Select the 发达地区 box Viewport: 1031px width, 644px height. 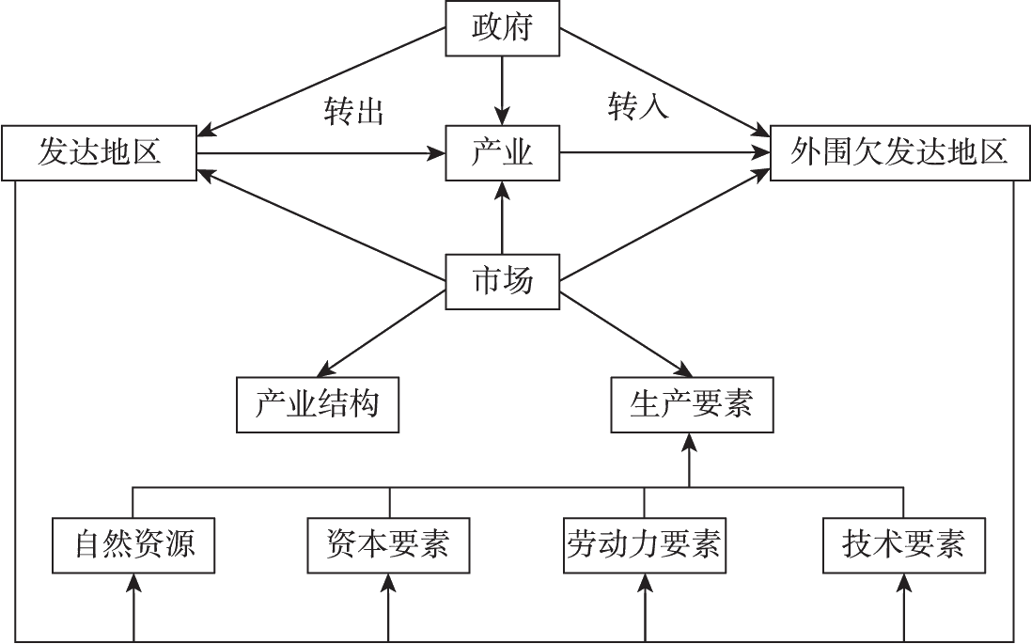tap(100, 151)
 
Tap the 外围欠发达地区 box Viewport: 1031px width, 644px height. tap(898, 151)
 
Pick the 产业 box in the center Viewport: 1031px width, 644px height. tap(503, 152)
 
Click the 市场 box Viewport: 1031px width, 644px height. tap(503, 280)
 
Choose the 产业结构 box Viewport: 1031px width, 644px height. tap(317, 404)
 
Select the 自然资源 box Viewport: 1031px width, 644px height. tap(134, 544)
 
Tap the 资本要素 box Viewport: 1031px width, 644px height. tap(388, 544)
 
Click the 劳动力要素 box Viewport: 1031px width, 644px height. tap(644, 544)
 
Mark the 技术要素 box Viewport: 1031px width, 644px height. tap(904, 544)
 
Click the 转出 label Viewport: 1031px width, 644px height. tap(354, 113)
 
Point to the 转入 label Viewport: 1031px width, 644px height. tap(638, 105)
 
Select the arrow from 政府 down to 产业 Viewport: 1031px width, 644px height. tap(503, 89)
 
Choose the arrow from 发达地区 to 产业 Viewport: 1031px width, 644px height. tap(320, 152)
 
